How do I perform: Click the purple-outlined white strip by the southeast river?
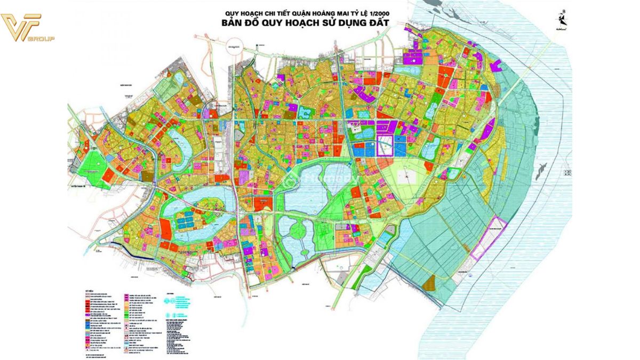pyautogui.click(x=486, y=238)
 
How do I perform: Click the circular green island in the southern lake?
pyautogui.click(x=297, y=231)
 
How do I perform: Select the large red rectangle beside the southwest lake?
pyautogui.click(x=166, y=230)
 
